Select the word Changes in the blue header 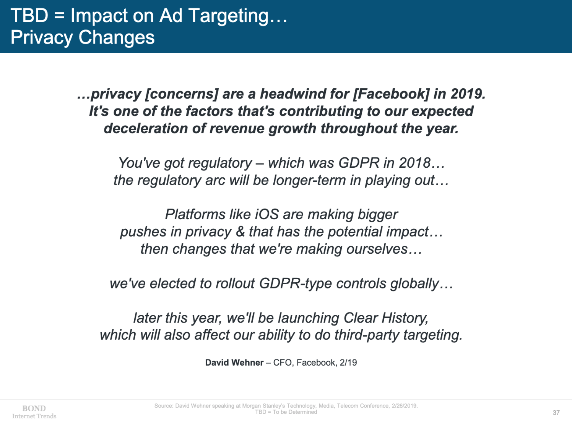click(x=117, y=37)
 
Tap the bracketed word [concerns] click(x=182, y=94)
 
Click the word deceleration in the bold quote click(x=146, y=128)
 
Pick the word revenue click(x=237, y=128)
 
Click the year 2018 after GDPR click(x=415, y=163)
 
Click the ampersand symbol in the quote click(x=240, y=232)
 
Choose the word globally click(x=414, y=284)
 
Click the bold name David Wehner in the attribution click(x=234, y=362)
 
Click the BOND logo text click(x=34, y=408)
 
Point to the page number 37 click(x=556, y=413)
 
